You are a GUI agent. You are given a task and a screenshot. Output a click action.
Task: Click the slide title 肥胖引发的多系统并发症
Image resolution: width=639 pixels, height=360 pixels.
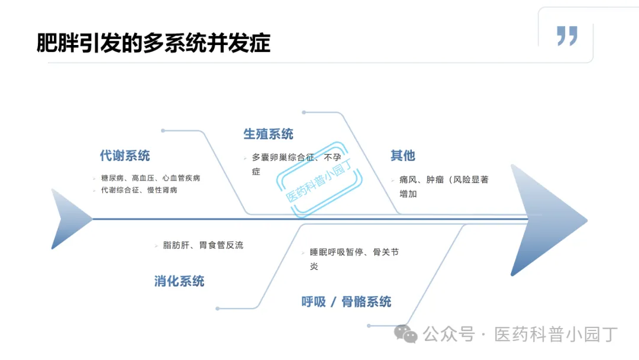coord(153,43)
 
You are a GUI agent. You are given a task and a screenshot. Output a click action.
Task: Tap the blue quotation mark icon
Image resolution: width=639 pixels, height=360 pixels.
coord(567,36)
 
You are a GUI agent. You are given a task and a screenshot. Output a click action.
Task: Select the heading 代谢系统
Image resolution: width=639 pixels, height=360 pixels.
coord(125,156)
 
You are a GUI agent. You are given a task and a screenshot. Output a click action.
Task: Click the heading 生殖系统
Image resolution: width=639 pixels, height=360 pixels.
coord(268,134)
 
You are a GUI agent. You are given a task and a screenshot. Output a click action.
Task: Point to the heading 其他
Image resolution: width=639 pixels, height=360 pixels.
coord(402,156)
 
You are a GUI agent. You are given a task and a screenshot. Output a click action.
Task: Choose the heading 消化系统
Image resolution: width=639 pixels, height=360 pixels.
coord(179,281)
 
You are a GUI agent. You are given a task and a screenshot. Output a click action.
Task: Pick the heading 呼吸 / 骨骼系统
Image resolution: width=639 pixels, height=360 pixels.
coord(346,301)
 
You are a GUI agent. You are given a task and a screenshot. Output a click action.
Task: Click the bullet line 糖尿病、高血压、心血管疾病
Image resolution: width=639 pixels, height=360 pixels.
coord(150,178)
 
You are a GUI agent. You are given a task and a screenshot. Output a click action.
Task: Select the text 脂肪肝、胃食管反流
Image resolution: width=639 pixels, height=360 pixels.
coord(203,245)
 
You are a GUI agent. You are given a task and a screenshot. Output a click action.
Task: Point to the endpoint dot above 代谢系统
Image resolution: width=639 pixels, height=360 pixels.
coord(163,130)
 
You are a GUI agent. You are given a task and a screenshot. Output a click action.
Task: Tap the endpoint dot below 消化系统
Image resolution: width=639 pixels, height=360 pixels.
coord(218,308)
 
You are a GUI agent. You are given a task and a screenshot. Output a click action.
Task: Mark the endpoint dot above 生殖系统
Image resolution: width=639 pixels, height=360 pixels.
coord(304,112)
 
